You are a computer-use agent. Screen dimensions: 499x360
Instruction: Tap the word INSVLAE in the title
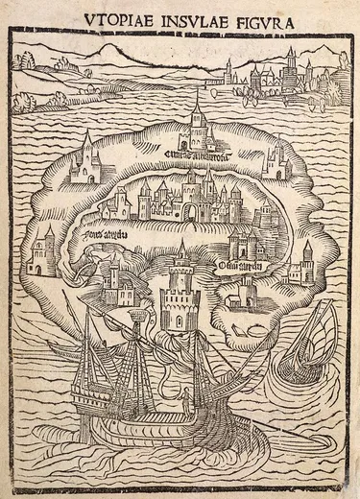[194, 17]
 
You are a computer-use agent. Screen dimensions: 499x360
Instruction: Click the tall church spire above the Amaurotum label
[197, 120]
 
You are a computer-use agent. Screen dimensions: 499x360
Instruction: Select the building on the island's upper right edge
[276, 161]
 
